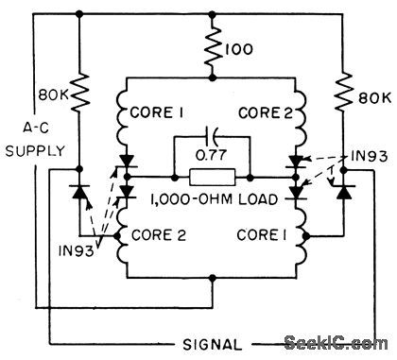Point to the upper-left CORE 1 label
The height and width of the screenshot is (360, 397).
pyautogui.click(x=164, y=115)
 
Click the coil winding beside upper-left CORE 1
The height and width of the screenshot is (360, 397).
pyautogui.click(x=125, y=113)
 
